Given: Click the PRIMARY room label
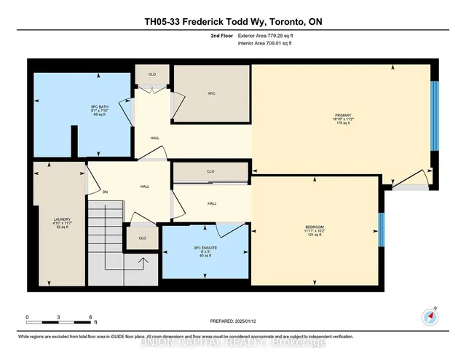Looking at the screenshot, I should (x=343, y=114).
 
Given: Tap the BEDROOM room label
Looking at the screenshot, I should (x=315, y=227).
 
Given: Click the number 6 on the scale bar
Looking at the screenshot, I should (x=91, y=318).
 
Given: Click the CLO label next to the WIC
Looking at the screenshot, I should (x=151, y=74).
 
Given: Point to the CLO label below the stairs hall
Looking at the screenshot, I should (x=142, y=238).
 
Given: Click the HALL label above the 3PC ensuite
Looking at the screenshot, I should (x=212, y=203).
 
